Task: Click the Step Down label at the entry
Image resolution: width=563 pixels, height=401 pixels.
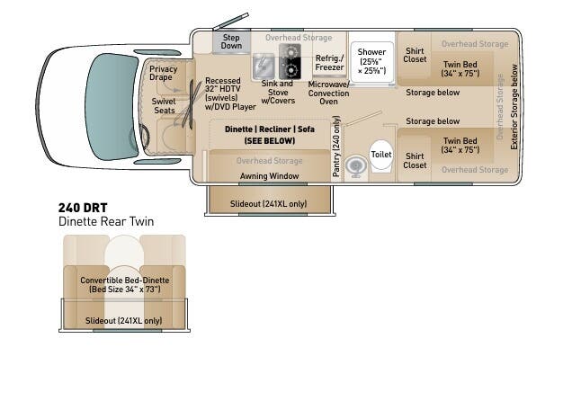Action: point(231,41)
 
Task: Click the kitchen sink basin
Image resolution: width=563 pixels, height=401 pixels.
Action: point(264,67)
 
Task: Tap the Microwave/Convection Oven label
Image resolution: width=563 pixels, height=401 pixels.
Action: point(328,93)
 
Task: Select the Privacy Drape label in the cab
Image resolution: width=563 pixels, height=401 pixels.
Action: point(163,74)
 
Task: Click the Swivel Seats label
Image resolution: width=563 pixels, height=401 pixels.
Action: point(163,107)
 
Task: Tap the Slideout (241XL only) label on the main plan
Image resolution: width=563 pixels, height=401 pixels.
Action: point(268,204)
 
